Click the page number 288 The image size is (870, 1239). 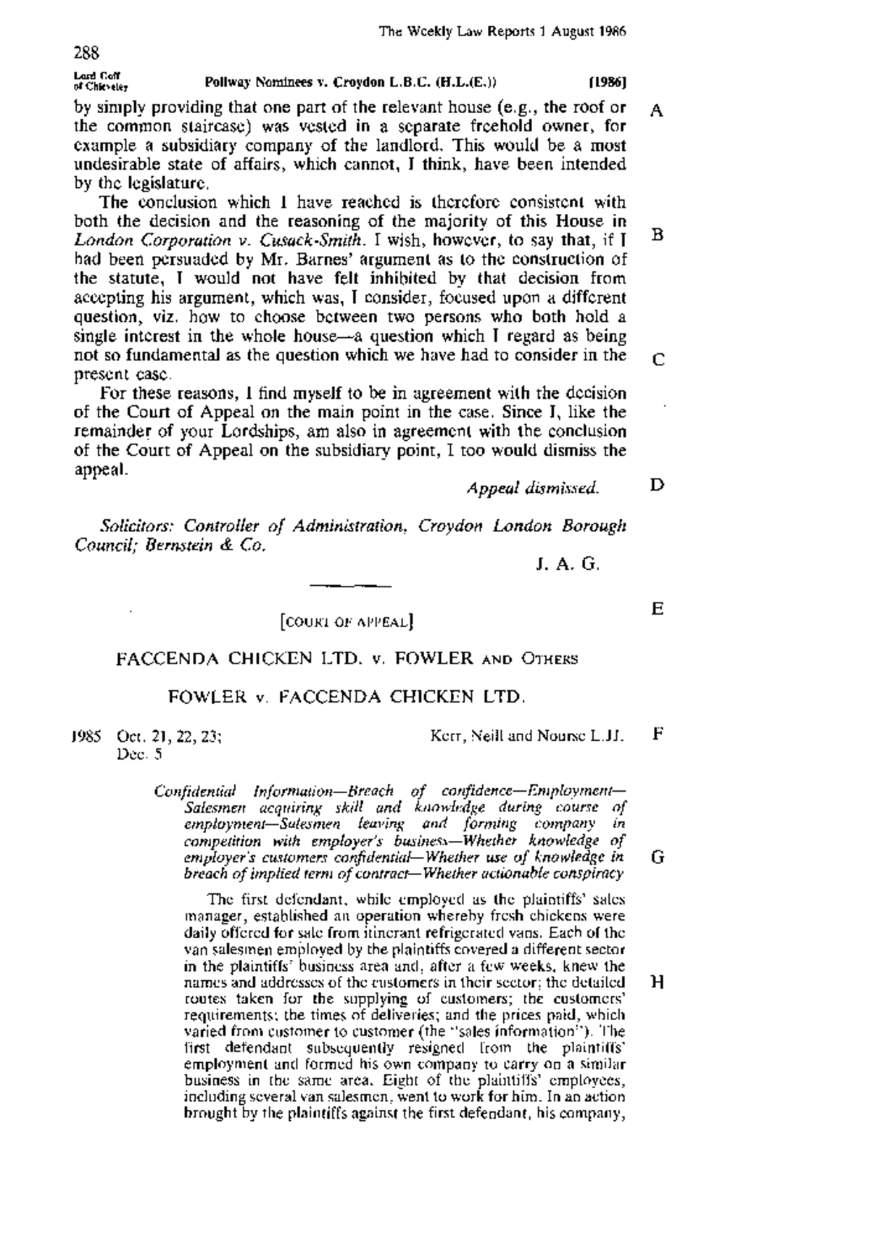pos(86,52)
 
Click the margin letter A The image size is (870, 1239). pos(657,111)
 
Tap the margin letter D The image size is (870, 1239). pos(657,484)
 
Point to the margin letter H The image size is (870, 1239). pos(658,982)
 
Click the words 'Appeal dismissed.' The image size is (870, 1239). pos(533,488)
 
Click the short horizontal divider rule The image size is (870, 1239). pos(350,584)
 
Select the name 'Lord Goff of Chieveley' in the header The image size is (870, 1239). pos(100,81)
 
